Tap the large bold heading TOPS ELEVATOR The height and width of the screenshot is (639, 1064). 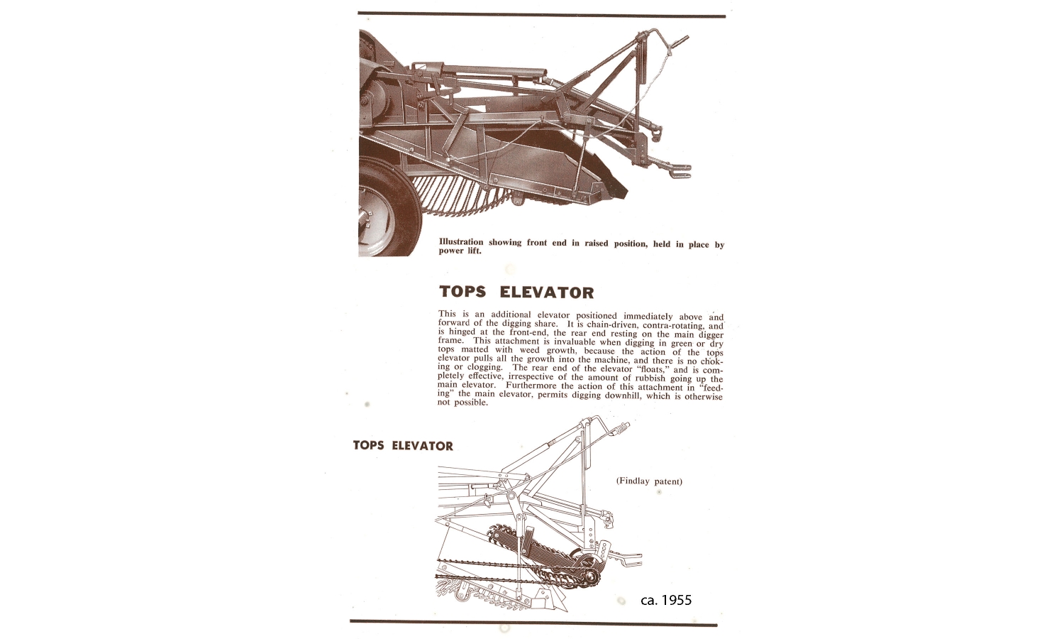516,292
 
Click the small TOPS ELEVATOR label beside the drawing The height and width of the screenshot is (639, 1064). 403,445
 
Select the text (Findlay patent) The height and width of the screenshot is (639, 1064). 649,481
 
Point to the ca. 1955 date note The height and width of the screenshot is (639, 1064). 666,601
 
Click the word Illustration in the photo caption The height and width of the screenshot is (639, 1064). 461,242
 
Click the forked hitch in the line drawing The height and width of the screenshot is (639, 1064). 628,559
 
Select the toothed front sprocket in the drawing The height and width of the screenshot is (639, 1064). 590,577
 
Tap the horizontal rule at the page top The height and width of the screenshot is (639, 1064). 541,14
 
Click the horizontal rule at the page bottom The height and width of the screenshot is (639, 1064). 533,623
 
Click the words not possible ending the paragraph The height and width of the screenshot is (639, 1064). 462,403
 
